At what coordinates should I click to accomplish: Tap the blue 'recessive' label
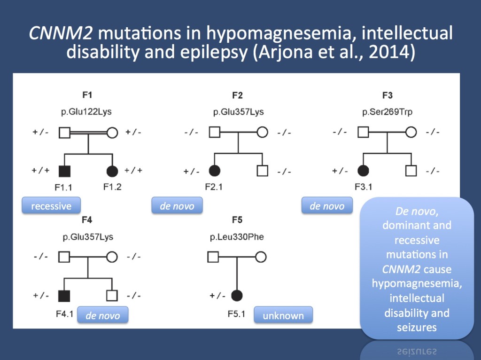(x=51, y=206)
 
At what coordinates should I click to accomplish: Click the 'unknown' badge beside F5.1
(x=283, y=316)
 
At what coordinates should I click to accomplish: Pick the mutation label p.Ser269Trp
(x=387, y=112)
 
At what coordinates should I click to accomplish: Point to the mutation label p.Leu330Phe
(x=237, y=237)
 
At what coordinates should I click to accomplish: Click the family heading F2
(x=238, y=96)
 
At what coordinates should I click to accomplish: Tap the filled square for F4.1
(x=64, y=296)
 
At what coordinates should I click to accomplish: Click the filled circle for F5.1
(x=237, y=296)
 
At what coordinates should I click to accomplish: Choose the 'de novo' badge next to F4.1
(x=102, y=316)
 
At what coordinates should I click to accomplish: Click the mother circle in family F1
(x=112, y=133)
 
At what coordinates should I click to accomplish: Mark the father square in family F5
(x=213, y=257)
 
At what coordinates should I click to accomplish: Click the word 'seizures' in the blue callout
(x=416, y=327)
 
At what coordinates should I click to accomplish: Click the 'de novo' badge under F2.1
(x=177, y=206)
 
